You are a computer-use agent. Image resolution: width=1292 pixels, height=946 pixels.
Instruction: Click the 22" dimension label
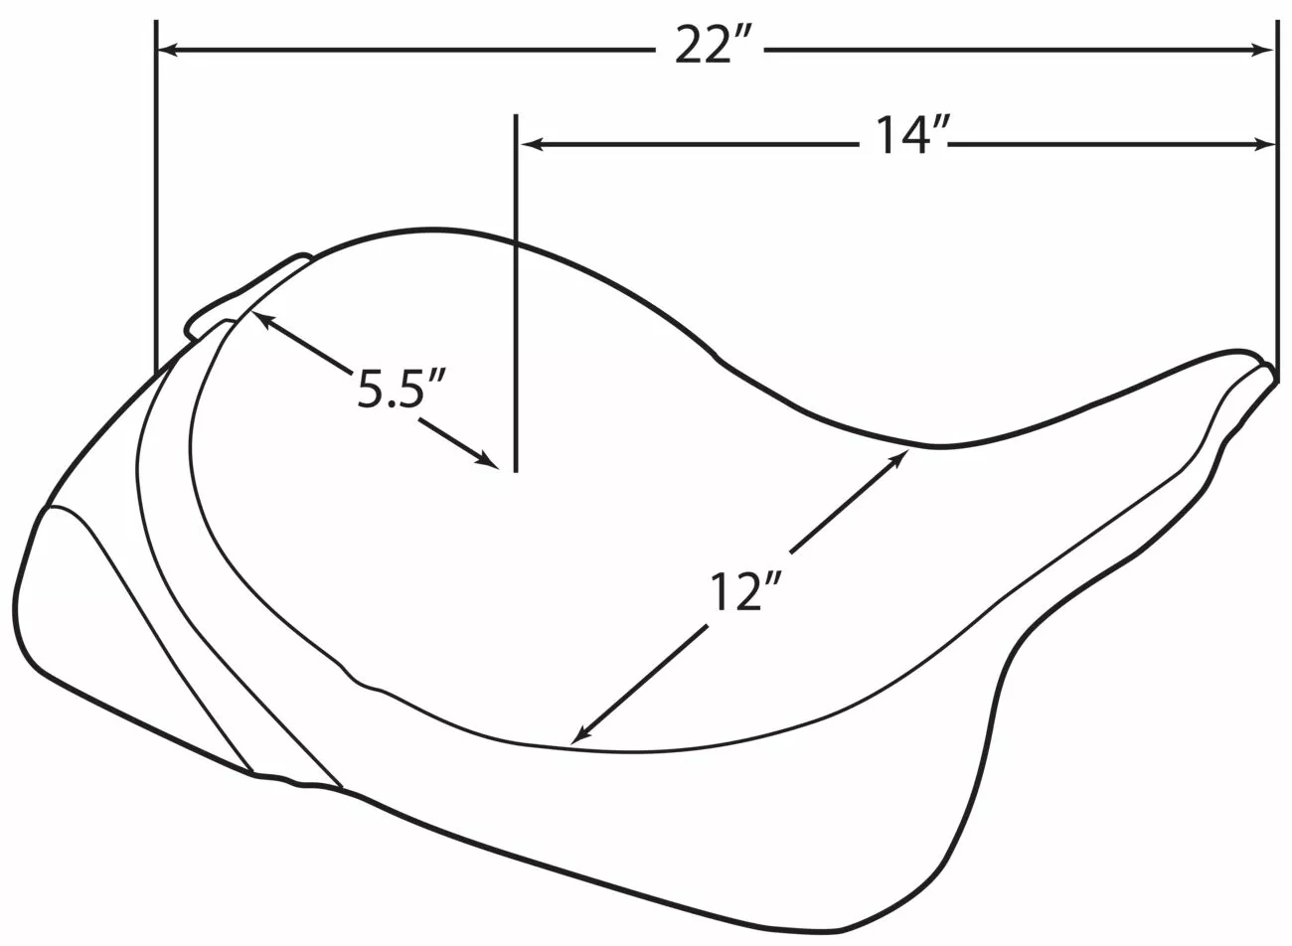pyautogui.click(x=713, y=46)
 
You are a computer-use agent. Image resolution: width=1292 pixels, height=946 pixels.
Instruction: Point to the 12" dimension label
pyautogui.click(x=745, y=591)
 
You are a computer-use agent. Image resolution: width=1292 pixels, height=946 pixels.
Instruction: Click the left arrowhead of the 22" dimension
pyautogui.click(x=168, y=51)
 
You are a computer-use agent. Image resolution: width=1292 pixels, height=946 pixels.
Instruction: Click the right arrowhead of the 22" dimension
pyautogui.click(x=1262, y=51)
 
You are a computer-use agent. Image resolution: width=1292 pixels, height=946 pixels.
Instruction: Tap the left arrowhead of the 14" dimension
pyautogui.click(x=532, y=144)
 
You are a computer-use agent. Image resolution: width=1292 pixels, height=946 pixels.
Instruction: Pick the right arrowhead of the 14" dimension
pyautogui.click(x=1262, y=144)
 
